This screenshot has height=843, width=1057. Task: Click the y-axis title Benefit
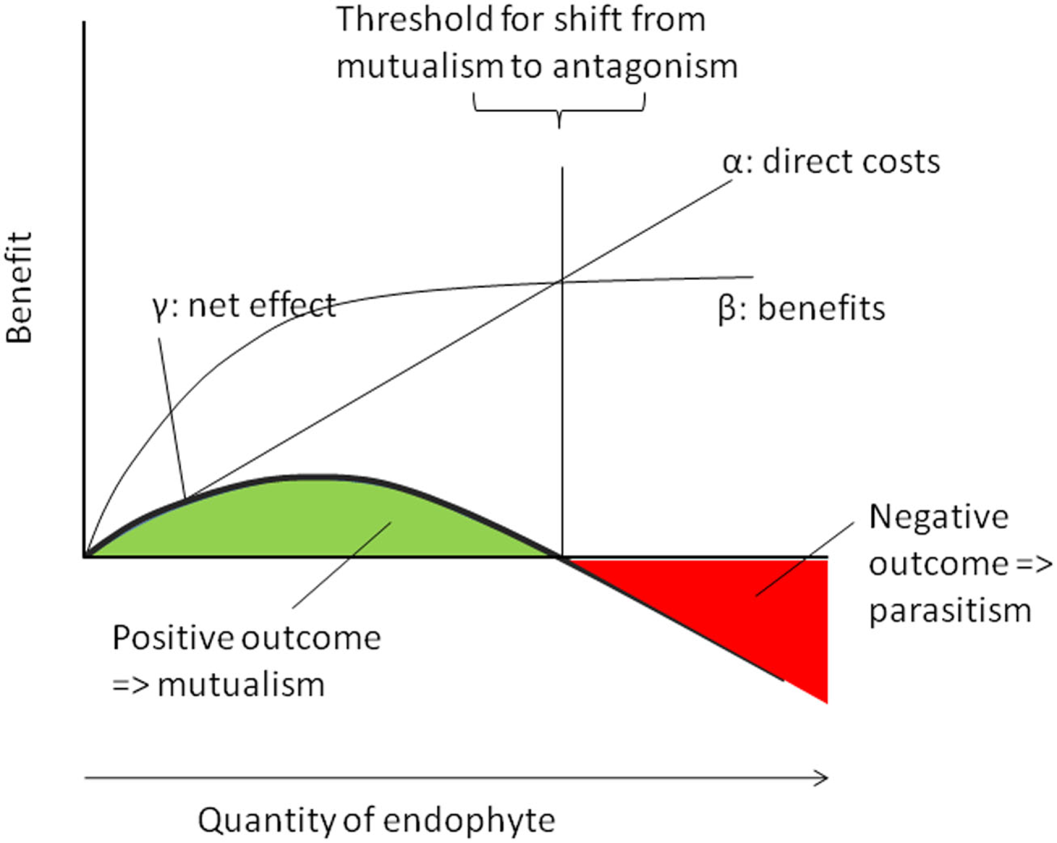(19, 287)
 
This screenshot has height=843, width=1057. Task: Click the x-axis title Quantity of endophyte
(376, 820)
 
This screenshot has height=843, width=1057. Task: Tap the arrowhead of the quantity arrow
(823, 778)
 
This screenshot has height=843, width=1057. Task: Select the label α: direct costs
(831, 162)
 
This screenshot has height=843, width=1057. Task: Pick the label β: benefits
(801, 309)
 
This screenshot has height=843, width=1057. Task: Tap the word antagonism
(645, 67)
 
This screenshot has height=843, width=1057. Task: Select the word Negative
(938, 517)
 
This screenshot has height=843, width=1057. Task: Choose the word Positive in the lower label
(173, 638)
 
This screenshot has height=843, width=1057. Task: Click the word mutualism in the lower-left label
(241, 685)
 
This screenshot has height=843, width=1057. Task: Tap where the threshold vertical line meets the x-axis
(562, 557)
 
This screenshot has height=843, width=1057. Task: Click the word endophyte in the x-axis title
(469, 820)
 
